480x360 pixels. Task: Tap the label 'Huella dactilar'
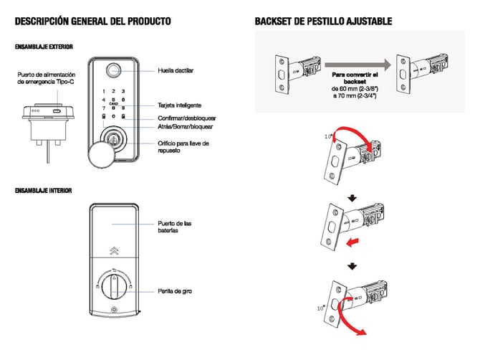[175, 70]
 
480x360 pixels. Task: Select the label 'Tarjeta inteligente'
[179, 105]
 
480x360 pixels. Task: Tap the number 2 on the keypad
[112, 91]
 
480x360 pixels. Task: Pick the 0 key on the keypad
[112, 115]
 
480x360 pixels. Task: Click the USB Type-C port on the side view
[56, 113]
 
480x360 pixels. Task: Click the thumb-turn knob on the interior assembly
[112, 285]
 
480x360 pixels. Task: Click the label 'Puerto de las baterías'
[175, 227]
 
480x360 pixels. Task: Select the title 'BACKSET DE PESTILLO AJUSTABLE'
[323, 22]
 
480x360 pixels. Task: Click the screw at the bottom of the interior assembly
[112, 311]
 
